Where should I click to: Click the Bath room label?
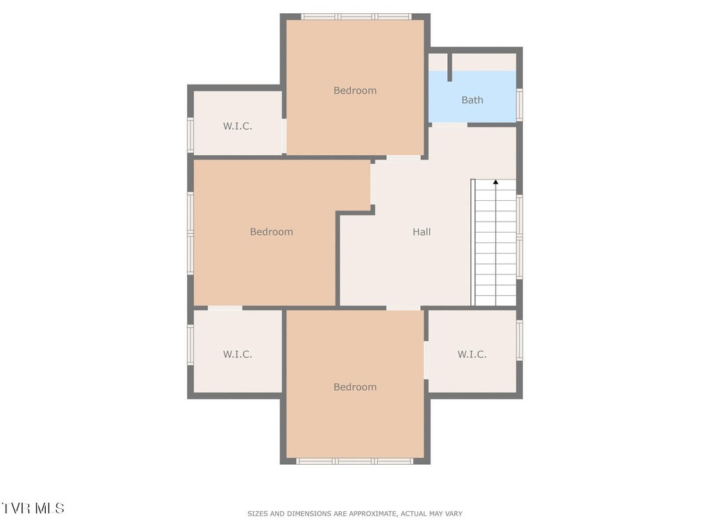pos(471,100)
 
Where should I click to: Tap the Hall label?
pos(422,232)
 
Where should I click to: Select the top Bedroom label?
pos(355,91)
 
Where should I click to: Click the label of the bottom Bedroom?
pos(355,387)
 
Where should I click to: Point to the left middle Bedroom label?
pos(271,232)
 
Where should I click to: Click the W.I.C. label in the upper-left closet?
pos(237,126)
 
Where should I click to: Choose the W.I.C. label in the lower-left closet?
pos(237,354)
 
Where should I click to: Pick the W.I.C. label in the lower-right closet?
pos(471,354)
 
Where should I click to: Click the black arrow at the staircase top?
pos(496,182)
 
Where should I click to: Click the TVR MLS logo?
pos(33,508)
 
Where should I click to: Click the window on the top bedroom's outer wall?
pos(356,17)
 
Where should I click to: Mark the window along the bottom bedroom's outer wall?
pos(354,461)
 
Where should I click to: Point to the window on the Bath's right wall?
pos(519,105)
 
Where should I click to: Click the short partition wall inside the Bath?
pos(449,67)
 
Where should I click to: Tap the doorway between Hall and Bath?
pos(448,125)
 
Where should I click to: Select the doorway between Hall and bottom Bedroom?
pos(404,308)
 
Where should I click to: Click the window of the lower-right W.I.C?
pos(519,340)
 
